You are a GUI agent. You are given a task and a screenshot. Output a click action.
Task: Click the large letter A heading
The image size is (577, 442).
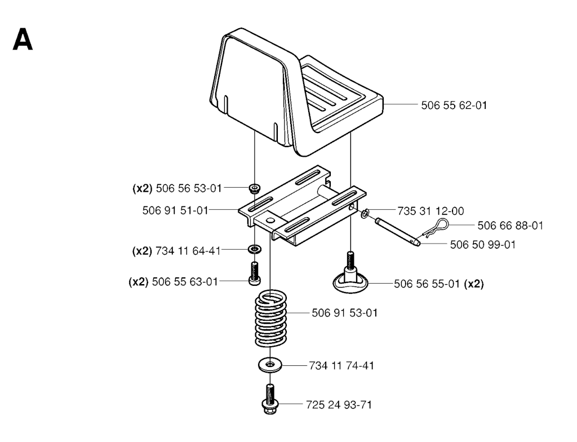(23, 40)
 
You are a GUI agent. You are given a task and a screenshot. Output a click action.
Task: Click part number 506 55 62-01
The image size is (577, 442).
(454, 105)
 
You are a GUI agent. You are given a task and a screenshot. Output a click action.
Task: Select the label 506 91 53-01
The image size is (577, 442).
(344, 313)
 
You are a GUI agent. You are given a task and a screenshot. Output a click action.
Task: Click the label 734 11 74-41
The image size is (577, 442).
(341, 366)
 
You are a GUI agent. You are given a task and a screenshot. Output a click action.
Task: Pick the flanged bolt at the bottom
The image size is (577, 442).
(270, 399)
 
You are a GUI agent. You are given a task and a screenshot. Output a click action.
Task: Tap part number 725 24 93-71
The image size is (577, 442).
(339, 405)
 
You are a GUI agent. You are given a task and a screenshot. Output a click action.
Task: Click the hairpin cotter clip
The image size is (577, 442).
(436, 228)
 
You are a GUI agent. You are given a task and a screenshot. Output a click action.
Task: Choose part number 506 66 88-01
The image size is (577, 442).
(511, 226)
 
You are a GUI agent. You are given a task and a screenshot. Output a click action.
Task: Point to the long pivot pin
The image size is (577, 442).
(397, 232)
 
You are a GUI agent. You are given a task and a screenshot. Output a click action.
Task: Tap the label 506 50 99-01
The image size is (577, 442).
(483, 245)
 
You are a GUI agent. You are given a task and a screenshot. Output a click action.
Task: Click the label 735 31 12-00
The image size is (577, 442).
(430, 211)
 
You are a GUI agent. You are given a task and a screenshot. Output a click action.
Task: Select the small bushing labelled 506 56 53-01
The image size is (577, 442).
(254, 188)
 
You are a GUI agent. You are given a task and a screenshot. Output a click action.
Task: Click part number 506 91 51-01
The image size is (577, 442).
(175, 211)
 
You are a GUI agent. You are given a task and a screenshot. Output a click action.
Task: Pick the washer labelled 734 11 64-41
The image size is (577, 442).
(255, 249)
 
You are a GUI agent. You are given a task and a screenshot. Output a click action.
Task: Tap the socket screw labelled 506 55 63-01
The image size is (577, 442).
(255, 273)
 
